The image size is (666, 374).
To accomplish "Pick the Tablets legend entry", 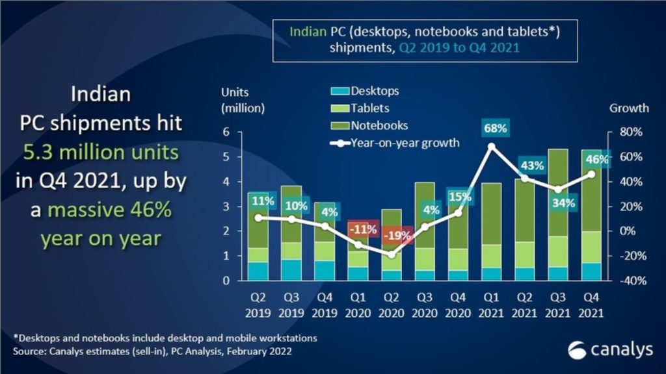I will pos(369,108).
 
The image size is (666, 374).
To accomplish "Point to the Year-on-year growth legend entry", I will pos(394,143).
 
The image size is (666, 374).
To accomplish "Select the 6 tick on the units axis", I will pos(226,132).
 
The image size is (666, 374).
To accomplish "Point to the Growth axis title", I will pos(629,108).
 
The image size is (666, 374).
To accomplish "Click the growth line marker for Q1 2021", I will pos(492,147).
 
